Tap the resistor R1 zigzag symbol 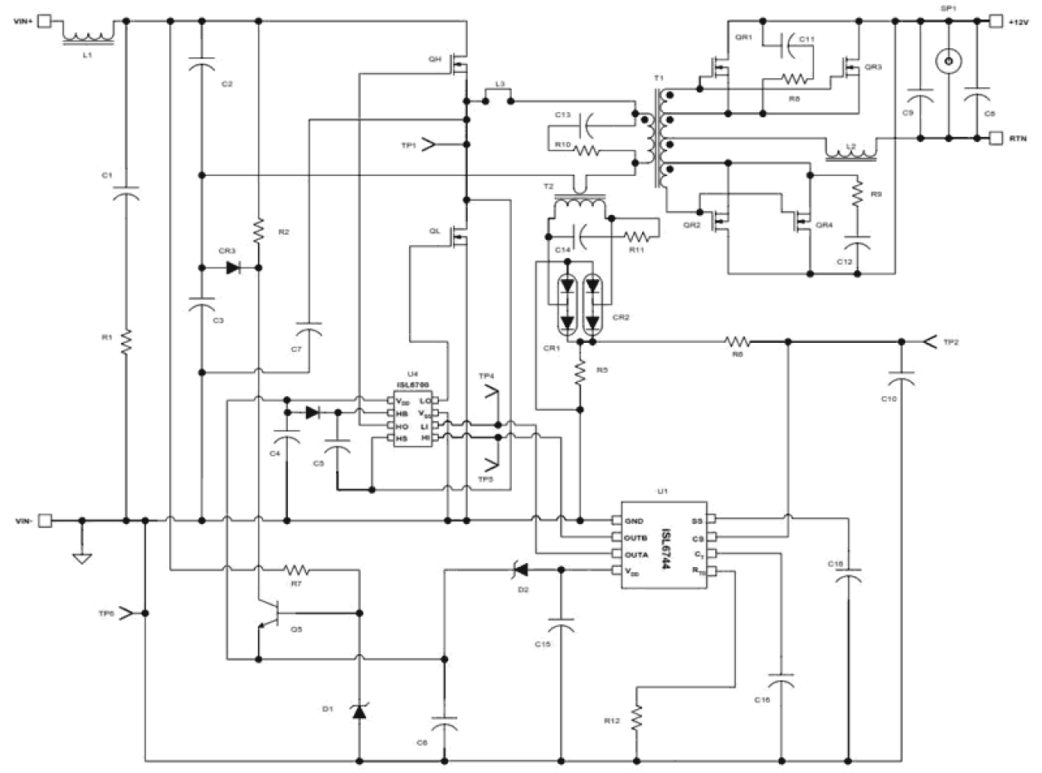(x=126, y=340)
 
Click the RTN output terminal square (x=996, y=138)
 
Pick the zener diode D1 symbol (x=359, y=710)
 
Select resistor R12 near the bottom (x=636, y=716)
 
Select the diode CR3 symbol (x=233, y=268)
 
